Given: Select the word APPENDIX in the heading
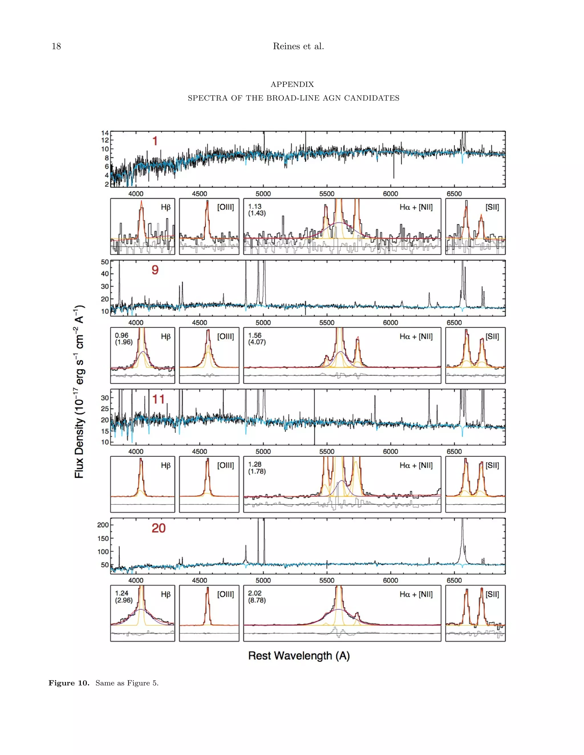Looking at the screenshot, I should click(x=292, y=84).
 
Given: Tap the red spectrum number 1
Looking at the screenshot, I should click(x=155, y=141).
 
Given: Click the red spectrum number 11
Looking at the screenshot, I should click(x=159, y=399).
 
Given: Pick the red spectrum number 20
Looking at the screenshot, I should click(x=159, y=528).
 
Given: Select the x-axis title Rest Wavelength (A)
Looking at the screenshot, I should click(x=299, y=656).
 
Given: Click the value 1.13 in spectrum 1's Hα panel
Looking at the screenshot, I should click(x=255, y=206).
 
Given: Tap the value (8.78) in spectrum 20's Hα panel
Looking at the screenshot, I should click(x=257, y=600).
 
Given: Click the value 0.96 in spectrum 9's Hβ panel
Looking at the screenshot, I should click(x=121, y=335).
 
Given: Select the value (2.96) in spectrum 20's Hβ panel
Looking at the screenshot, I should click(x=124, y=600).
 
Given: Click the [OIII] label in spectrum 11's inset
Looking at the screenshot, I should click(x=226, y=465).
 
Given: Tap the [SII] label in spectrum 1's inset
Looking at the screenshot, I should click(x=492, y=207).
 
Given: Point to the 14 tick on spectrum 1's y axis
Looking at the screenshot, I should click(x=105, y=133).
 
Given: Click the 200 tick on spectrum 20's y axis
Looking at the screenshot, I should click(x=103, y=525).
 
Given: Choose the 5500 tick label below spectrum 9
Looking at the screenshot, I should click(x=327, y=323).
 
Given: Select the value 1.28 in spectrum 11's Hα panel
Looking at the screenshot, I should click(x=255, y=464).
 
